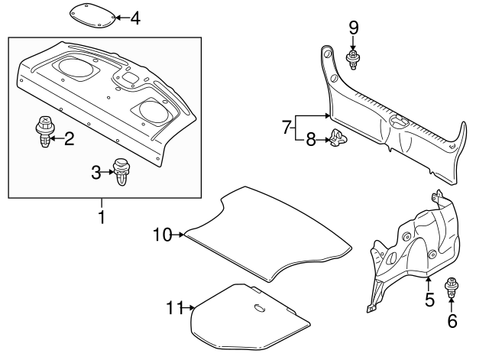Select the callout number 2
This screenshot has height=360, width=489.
[x=69, y=138]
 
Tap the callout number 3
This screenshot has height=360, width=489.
[x=96, y=174]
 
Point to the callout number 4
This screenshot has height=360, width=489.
[x=135, y=17]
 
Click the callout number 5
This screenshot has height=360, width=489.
[x=429, y=300]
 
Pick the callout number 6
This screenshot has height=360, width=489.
[x=452, y=321]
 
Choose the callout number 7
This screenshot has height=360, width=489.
[x=286, y=126]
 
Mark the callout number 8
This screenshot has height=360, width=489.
[x=310, y=139]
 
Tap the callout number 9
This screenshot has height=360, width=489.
[x=353, y=28]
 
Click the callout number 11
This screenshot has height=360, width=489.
[x=175, y=308]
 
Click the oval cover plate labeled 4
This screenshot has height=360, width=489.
[x=94, y=15]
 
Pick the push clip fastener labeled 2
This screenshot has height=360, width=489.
[x=44, y=131]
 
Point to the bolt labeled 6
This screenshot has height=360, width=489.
[x=452, y=287]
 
